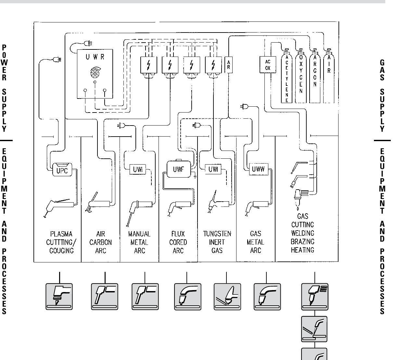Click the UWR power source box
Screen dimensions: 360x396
(95, 74)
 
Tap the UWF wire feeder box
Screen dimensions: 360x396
(178, 169)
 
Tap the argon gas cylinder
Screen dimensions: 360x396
(315, 75)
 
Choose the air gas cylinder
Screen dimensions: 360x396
(329, 75)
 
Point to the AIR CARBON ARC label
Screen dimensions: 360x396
(101, 242)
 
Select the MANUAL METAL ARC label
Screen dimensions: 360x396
(139, 242)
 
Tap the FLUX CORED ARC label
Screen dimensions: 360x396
(178, 242)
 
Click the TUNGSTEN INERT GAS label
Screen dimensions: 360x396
(217, 242)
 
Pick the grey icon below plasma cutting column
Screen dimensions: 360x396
(59, 296)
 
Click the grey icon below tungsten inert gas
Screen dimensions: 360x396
(227, 296)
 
